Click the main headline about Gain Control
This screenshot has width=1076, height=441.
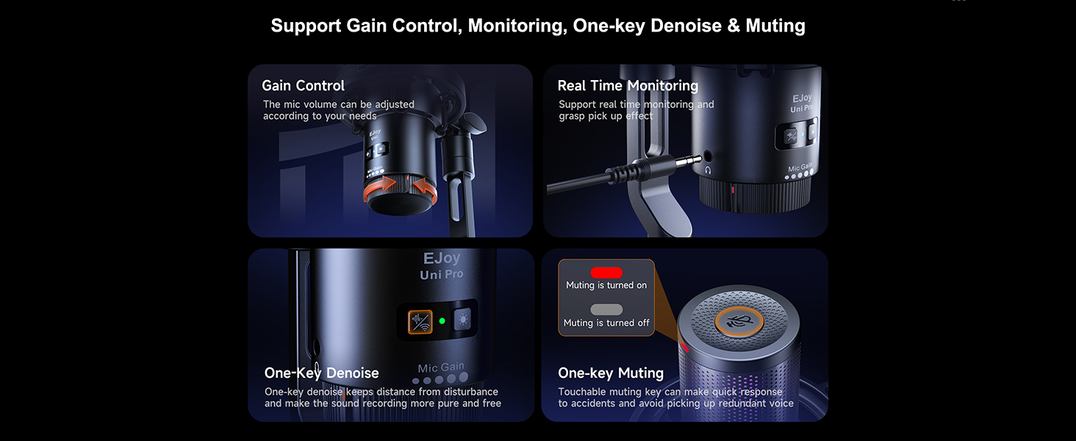(x=538, y=26)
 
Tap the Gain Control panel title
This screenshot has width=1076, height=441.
(x=303, y=85)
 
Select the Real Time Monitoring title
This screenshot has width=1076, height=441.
(x=628, y=85)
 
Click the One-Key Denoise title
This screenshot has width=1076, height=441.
(x=321, y=373)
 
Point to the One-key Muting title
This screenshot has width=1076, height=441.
(x=611, y=373)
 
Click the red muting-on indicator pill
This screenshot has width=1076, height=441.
(x=606, y=273)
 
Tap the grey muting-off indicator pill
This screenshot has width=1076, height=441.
(x=606, y=309)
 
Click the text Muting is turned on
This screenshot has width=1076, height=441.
(x=606, y=285)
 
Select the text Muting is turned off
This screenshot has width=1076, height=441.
(x=606, y=323)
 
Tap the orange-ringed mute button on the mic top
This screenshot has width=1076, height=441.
(x=739, y=321)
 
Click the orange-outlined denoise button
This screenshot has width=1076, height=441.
(x=420, y=321)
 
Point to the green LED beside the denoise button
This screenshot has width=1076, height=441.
(x=442, y=321)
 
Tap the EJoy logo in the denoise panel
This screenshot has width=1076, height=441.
(x=442, y=259)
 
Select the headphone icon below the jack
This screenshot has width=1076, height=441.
(x=708, y=170)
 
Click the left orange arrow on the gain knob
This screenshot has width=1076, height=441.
(x=379, y=187)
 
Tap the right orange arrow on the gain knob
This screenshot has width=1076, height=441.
(x=426, y=190)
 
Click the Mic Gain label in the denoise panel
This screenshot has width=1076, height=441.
(x=441, y=368)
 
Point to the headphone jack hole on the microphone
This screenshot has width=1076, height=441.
(x=708, y=156)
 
